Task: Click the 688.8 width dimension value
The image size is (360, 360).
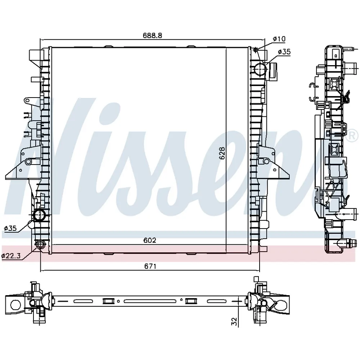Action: coord(152,35)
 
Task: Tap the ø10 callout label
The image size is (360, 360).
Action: coord(279,39)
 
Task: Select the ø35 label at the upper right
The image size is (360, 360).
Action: coord(284,52)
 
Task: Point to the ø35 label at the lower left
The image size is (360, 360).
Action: coord(10,228)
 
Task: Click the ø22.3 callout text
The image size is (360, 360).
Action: coord(11,256)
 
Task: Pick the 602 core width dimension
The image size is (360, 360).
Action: coord(150,240)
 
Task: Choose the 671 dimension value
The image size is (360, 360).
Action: coord(150,266)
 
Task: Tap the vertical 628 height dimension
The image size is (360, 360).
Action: coord(222,153)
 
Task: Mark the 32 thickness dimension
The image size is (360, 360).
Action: coord(234,321)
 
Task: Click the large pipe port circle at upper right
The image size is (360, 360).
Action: coord(261,69)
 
